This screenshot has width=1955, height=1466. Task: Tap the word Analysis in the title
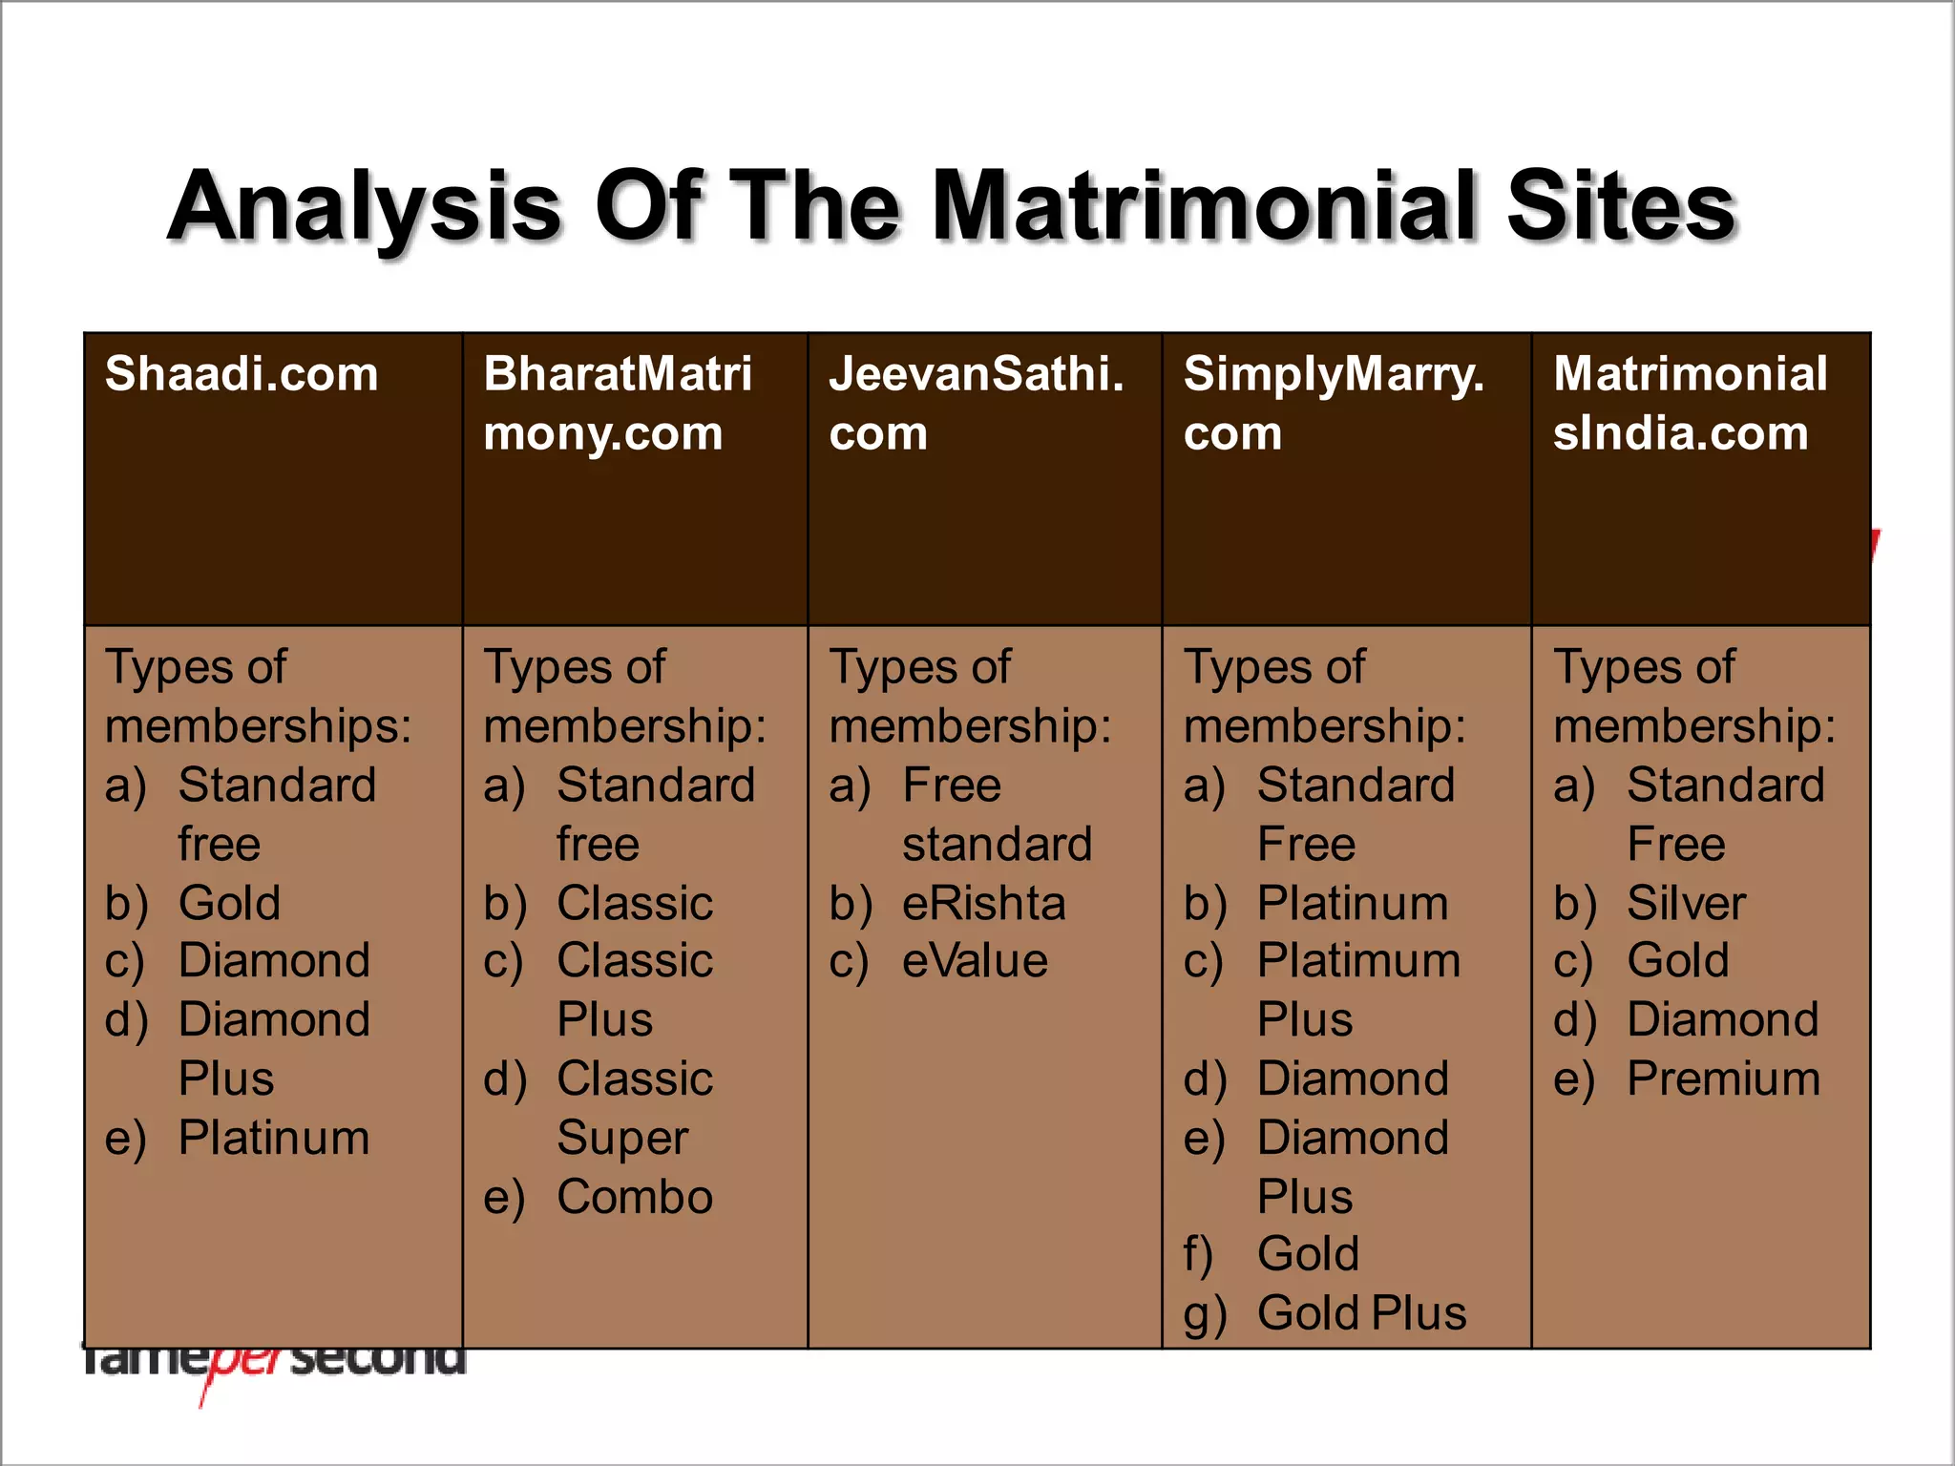click(365, 208)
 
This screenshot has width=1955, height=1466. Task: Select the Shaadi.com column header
click(242, 374)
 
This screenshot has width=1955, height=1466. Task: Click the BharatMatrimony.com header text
click(617, 403)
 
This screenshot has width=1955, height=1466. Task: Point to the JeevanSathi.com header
click(976, 403)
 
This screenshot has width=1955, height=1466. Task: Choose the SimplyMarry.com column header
click(1334, 403)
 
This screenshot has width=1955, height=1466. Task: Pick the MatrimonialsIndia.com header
click(1690, 403)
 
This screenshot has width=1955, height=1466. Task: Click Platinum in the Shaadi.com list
click(274, 1138)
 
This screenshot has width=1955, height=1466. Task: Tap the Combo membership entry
click(635, 1197)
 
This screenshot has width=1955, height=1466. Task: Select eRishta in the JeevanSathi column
click(984, 903)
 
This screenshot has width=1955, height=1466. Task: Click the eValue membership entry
click(975, 961)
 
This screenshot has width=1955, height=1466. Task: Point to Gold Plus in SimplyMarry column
click(1361, 1313)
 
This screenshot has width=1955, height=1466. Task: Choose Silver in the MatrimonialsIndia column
click(1686, 903)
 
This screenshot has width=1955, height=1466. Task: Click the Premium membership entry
click(1723, 1079)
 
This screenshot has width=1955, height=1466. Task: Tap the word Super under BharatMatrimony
click(622, 1139)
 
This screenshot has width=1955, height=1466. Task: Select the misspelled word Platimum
click(1358, 961)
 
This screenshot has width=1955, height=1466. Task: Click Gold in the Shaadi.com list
click(229, 903)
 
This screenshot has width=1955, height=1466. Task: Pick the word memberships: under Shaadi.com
click(258, 726)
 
